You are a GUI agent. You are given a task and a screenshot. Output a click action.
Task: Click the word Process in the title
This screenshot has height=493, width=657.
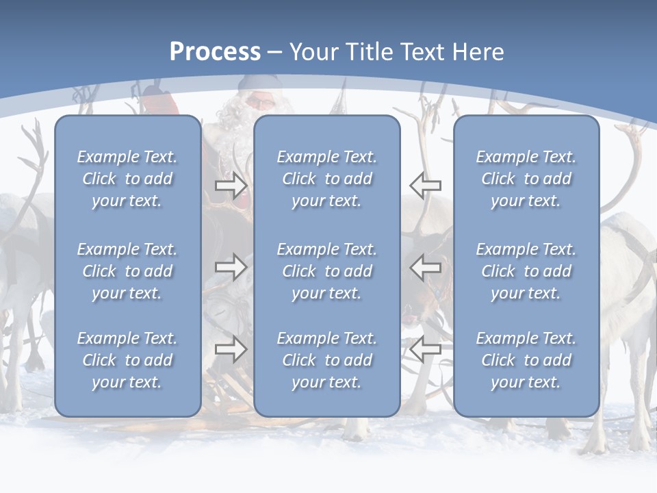pos(215,52)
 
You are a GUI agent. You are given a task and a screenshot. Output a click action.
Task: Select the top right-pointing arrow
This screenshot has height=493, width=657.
pos(231,186)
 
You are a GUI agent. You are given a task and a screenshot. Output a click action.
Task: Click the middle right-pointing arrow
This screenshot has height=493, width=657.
pos(231,266)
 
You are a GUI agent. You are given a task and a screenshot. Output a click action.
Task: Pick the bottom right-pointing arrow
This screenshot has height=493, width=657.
pos(231,349)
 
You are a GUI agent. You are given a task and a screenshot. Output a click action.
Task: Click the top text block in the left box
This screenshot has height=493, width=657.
pos(127,179)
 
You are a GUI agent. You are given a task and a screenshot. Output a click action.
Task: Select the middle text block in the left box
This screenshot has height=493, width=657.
pos(127,271)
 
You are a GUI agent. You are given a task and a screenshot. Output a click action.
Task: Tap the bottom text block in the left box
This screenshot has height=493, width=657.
pos(127,360)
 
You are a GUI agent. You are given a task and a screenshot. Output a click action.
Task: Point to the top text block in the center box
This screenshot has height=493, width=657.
pos(326,179)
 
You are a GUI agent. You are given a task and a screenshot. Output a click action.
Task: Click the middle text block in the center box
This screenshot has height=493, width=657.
pos(326,271)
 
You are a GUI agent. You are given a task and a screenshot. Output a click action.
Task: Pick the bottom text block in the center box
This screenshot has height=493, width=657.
pos(326,360)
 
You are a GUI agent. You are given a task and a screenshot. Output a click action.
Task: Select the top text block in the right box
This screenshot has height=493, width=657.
pos(526,179)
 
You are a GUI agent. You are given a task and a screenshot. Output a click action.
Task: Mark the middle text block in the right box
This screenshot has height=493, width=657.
pos(526,271)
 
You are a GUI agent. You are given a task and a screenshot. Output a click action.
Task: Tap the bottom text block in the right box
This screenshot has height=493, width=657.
pos(526,360)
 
